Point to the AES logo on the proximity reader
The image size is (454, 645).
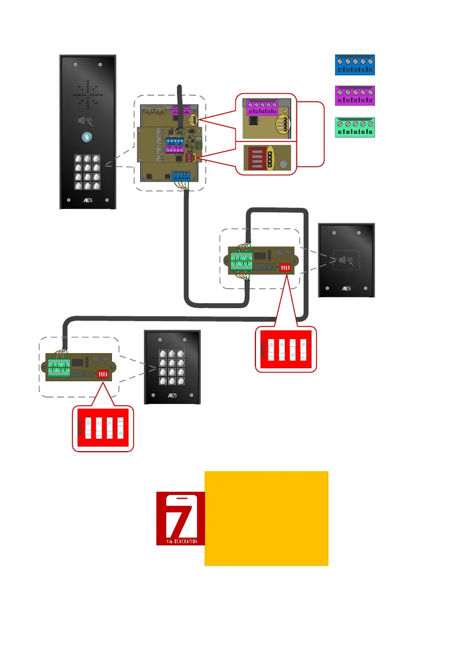coord(346,289)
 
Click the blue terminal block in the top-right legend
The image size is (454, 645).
coord(354,65)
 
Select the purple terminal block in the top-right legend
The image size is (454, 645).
coord(354,96)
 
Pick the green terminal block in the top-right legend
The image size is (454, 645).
coord(354,127)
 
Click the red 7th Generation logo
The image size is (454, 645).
coord(180,518)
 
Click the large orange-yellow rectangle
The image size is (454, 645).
coord(266,518)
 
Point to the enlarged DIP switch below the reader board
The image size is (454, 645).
coord(284,349)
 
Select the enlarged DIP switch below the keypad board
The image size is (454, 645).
coord(103,428)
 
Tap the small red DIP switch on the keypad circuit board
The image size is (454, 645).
coord(102,374)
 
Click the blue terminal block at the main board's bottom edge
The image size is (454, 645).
coord(181,175)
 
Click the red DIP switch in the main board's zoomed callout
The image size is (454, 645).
coord(254,158)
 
